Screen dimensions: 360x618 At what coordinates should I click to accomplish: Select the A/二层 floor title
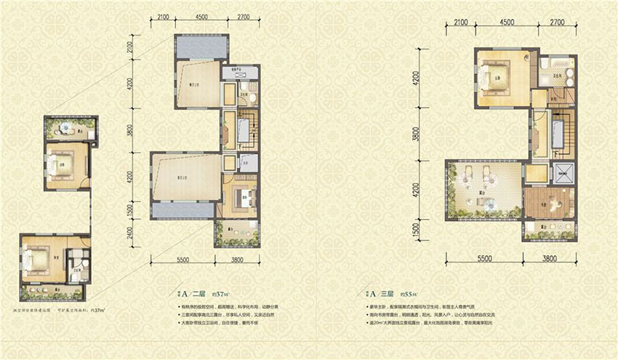point(194,295)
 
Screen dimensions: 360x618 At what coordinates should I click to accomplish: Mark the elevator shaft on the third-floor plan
point(563,173)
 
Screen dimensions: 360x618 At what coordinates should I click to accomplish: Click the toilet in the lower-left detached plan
point(84,258)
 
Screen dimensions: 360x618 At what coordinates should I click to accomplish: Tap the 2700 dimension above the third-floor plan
point(557,23)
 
